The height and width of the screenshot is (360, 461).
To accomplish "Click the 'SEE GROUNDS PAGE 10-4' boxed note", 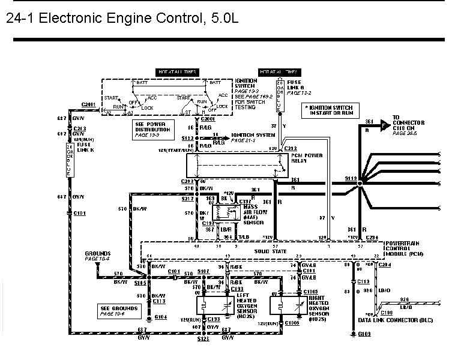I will (x=120, y=311).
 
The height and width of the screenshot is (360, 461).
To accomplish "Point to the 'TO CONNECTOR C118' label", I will (x=408, y=124).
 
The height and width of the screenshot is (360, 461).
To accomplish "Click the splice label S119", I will (x=352, y=178).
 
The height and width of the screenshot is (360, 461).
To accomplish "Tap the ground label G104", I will (x=160, y=316).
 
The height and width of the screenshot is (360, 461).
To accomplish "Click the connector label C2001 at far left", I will (x=89, y=104).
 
